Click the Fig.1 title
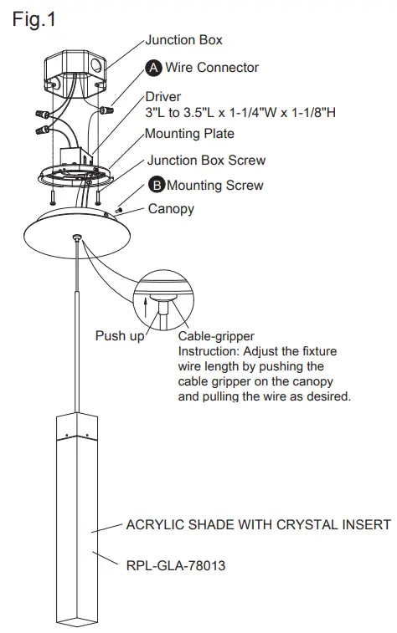click(34, 19)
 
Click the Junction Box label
click(184, 39)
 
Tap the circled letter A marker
click(155, 67)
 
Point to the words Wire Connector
click(212, 67)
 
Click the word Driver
click(164, 97)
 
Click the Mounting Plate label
click(189, 134)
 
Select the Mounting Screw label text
click(215, 186)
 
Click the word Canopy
click(171, 209)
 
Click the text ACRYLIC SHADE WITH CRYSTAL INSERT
click(258, 525)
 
